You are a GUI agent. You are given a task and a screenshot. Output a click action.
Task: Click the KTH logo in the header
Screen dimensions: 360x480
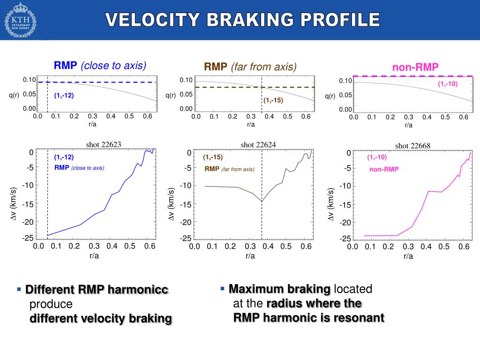[20, 20]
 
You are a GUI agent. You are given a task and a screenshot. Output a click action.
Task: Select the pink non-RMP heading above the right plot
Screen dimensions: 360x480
[415, 67]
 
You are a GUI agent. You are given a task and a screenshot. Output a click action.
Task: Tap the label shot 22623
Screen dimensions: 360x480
[104, 144]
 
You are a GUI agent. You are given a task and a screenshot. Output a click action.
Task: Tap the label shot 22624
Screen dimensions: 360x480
[258, 145]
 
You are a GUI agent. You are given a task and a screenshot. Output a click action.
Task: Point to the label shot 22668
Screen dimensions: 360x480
[412, 146]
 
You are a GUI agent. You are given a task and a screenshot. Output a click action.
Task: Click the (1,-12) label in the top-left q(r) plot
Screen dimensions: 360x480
[64, 96]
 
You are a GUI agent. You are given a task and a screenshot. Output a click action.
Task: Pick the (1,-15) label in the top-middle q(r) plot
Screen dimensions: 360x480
[273, 100]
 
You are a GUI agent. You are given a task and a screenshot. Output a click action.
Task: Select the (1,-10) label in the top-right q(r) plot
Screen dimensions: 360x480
[447, 84]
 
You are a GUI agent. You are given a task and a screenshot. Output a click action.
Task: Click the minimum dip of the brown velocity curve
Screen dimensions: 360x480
[262, 202]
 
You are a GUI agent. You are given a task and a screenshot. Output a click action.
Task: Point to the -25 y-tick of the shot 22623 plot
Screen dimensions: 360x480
[27, 238]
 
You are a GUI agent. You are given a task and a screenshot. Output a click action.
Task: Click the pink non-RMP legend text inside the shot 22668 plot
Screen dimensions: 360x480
[383, 169]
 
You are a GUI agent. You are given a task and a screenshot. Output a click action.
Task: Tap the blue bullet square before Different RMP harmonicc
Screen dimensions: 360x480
[19, 290]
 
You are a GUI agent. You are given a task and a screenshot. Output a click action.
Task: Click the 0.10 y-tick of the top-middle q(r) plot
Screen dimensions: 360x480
[186, 80]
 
